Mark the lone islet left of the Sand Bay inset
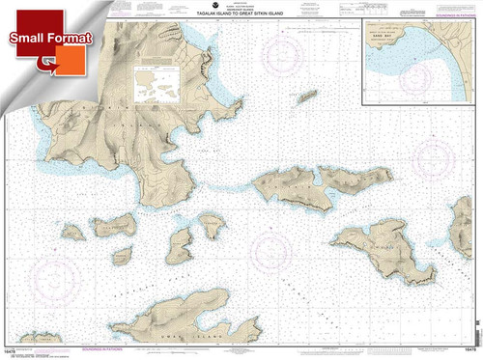(306, 97)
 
